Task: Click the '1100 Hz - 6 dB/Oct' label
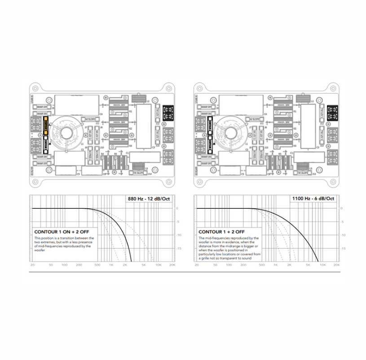[313, 198]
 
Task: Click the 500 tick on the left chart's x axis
[97, 265]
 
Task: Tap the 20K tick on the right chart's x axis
[336, 265]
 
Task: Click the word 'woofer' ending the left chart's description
[40, 250]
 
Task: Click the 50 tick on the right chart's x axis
[215, 265]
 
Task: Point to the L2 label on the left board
[148, 101]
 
